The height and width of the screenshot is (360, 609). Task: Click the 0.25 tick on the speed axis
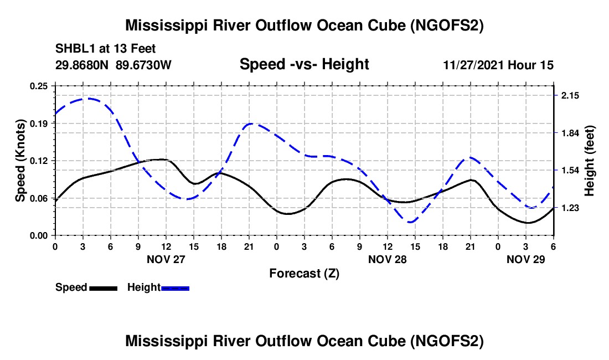[x=39, y=86]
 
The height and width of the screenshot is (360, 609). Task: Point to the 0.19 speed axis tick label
[x=39, y=123]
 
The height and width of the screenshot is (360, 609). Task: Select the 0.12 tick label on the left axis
[x=39, y=161]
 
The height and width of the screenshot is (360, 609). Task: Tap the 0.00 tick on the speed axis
[x=39, y=235]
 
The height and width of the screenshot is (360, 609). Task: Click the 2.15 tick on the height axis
[x=570, y=96]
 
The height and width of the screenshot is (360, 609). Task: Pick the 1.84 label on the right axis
[x=570, y=133]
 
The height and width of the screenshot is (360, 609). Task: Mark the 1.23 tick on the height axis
[x=570, y=208]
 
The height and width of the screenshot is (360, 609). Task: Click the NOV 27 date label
[x=166, y=259]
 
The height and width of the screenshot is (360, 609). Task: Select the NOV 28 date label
[x=388, y=259]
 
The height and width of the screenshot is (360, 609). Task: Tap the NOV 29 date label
[x=526, y=259]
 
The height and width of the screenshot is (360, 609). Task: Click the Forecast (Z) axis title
[x=304, y=273]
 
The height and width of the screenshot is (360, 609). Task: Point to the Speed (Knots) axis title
[x=20, y=161]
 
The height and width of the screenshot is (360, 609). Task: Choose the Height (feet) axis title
[x=589, y=161]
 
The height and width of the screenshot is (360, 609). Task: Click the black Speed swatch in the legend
[x=103, y=288]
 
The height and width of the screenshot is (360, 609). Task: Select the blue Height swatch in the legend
[x=175, y=288]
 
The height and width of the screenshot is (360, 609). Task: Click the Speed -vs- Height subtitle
[x=304, y=65]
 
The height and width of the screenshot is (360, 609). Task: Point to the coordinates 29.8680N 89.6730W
[x=113, y=65]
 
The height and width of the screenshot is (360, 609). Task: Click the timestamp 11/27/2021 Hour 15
[x=498, y=65]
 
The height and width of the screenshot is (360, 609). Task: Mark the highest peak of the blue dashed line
[x=86, y=99]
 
